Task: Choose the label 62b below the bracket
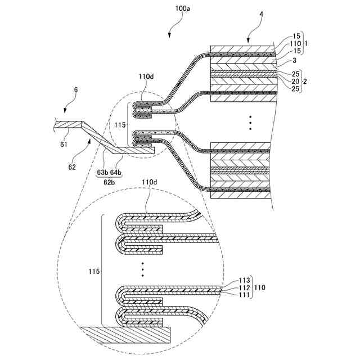pos(109,182)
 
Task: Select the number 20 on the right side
pos(287,82)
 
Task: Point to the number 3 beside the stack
pos(286,60)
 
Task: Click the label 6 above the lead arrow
pos(76,89)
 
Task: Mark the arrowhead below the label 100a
pos(170,37)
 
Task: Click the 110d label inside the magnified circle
pos(149,182)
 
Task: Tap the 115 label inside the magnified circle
pos(94,271)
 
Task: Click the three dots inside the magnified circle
pos(143,269)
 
